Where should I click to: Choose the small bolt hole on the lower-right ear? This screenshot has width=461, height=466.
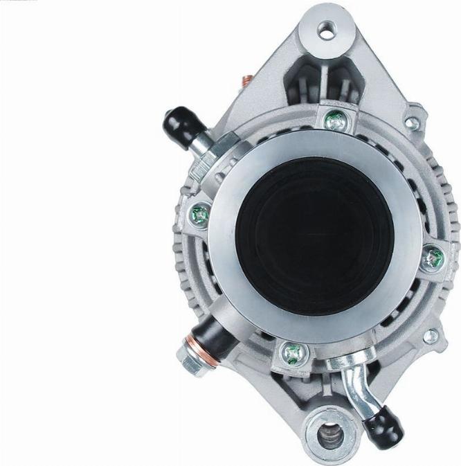431,337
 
